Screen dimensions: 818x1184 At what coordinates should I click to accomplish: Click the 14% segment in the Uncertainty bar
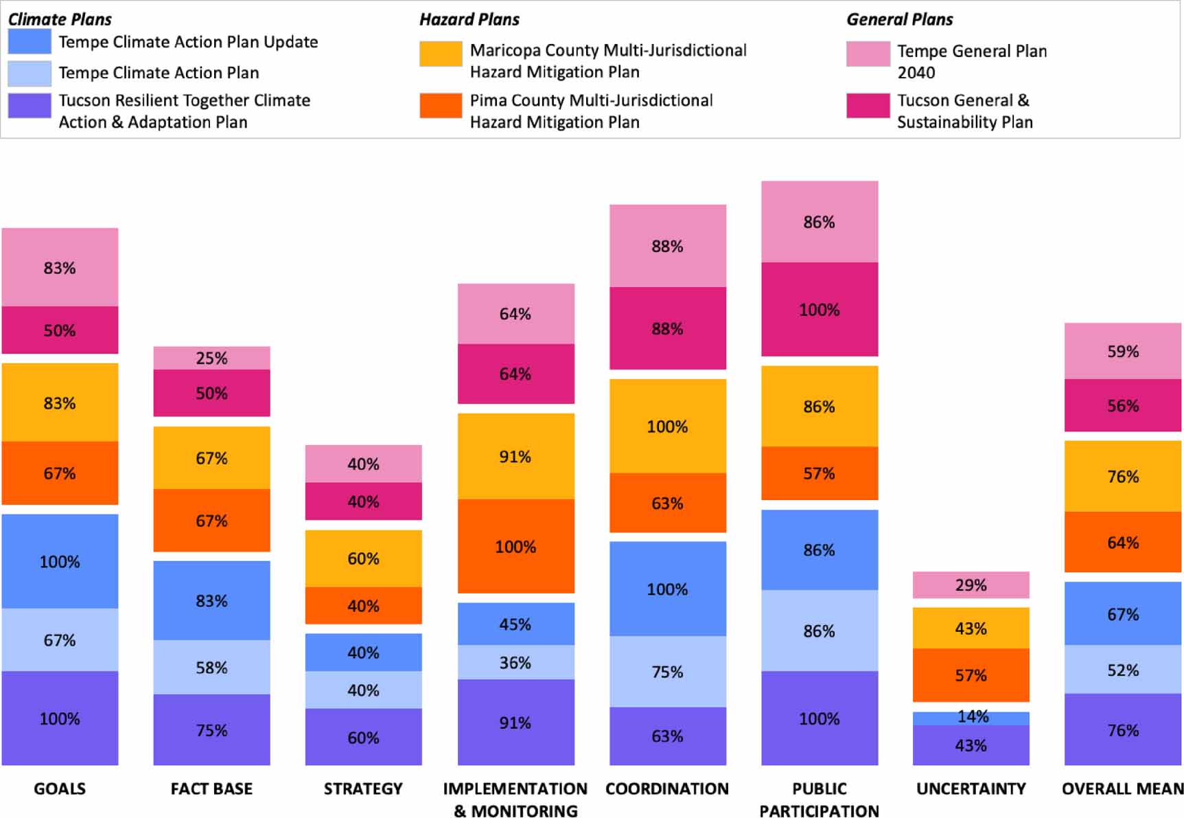pos(971,718)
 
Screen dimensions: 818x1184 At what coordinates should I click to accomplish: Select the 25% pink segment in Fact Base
pos(211,358)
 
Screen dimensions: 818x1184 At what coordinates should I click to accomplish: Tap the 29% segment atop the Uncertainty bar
pos(971,585)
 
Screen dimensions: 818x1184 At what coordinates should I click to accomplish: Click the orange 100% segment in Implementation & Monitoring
pos(515,547)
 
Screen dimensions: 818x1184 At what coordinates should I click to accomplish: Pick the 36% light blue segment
pos(515,662)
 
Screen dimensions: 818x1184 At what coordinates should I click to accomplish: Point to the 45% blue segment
pos(515,624)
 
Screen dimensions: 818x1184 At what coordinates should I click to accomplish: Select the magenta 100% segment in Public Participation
pos(819,309)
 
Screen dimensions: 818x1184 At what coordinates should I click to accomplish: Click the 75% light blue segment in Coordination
pos(667,671)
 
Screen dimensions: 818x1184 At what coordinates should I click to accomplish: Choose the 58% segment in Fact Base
pos(211,667)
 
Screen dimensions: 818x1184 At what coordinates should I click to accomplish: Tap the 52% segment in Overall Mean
pos(1122,670)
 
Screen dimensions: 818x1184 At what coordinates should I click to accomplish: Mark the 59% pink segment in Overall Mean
pos(1122,351)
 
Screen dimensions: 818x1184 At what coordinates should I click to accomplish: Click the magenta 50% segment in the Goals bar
pos(60,330)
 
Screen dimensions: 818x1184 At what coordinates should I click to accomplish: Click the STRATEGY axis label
pos(363,788)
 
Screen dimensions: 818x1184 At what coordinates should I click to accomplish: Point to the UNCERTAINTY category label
pos(971,788)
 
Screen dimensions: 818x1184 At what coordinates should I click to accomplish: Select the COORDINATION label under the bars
pos(667,788)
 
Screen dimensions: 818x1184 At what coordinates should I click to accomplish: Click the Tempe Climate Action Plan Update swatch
pos(30,41)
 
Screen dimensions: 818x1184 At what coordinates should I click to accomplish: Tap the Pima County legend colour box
pos(441,106)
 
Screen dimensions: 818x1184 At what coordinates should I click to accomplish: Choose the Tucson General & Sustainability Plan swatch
pos(868,106)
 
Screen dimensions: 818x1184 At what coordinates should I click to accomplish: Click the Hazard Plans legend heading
pos(469,19)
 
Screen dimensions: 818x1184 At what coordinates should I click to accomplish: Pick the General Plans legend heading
pos(899,19)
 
